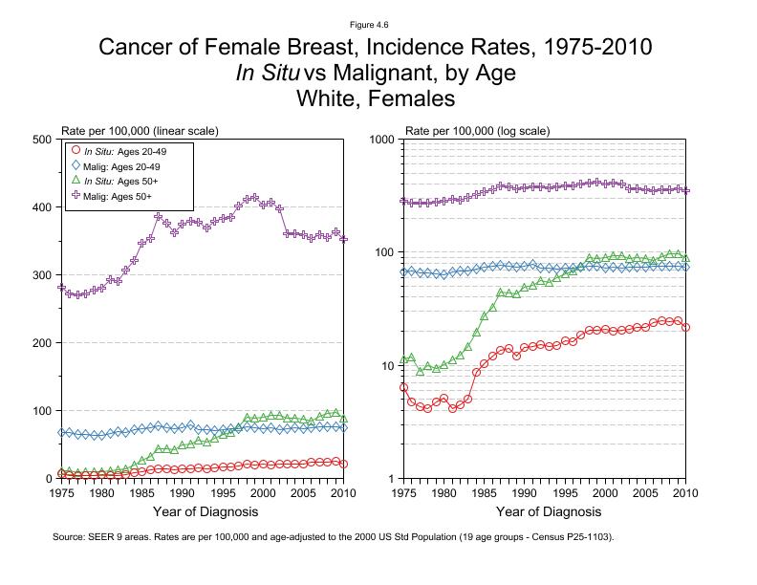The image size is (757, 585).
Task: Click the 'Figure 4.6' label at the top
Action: tap(378, 25)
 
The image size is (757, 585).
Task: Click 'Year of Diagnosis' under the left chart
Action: tap(203, 511)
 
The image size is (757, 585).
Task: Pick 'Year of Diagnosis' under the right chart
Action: tap(545, 511)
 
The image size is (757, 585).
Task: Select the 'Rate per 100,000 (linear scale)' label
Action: tap(141, 130)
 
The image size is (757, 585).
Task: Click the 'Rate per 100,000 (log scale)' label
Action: tap(478, 130)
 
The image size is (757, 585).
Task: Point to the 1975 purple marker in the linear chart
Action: tap(62, 287)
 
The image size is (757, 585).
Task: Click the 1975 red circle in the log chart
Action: tap(404, 387)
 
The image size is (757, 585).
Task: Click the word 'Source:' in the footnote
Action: tap(72, 537)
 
